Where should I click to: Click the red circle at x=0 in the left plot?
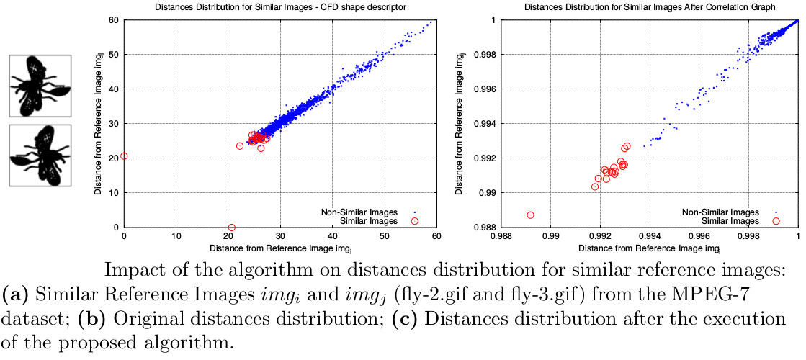124,156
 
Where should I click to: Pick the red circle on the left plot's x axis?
231,228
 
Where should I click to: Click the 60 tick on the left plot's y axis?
113,19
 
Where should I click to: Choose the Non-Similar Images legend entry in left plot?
358,212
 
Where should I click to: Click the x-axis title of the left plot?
281,248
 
